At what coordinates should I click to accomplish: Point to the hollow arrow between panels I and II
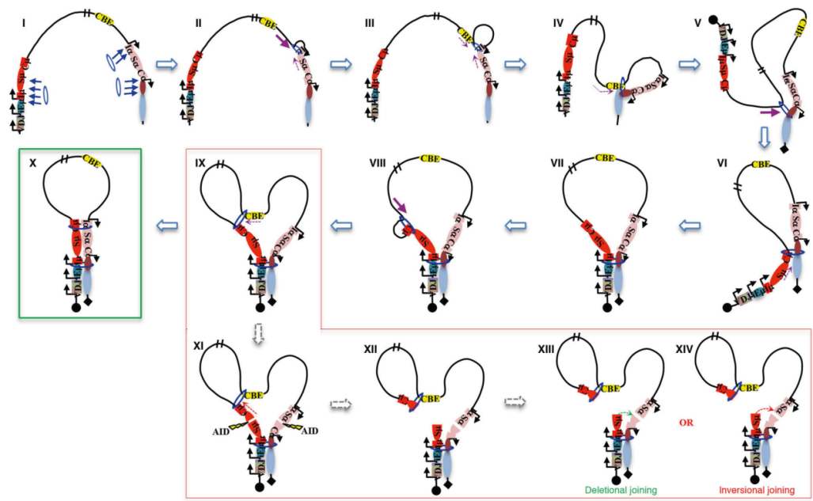165,63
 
